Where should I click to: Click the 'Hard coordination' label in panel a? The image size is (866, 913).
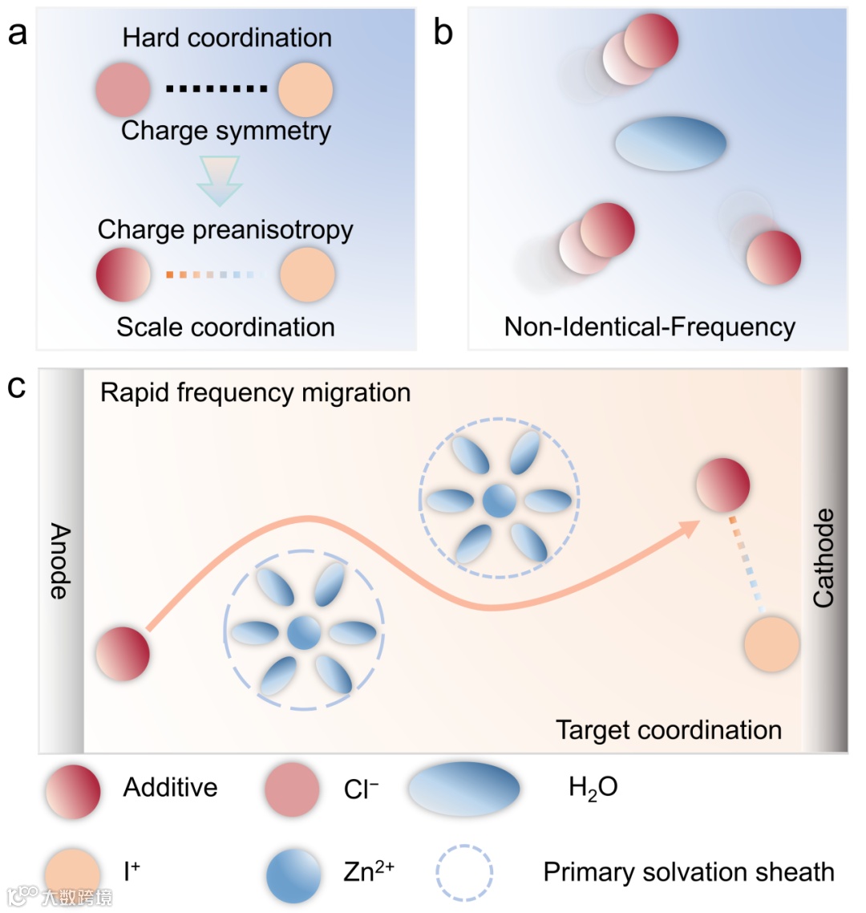click(227, 38)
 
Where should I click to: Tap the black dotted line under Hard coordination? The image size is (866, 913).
click(216, 89)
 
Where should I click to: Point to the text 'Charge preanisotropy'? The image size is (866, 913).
click(225, 229)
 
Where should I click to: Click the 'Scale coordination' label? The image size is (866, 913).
click(225, 327)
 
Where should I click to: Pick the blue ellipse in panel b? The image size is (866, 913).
click(670, 144)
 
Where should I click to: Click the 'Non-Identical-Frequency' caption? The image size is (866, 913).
click(649, 327)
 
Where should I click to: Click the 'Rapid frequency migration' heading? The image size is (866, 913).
click(255, 392)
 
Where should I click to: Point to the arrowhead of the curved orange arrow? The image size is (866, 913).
click(690, 528)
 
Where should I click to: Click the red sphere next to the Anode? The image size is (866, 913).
click(123, 654)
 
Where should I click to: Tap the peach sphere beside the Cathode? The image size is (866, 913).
click(771, 644)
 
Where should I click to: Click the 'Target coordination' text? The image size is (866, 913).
click(669, 730)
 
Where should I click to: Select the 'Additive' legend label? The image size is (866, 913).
click(170, 787)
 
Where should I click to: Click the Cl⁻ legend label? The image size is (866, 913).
click(361, 789)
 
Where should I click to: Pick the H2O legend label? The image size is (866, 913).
click(593, 788)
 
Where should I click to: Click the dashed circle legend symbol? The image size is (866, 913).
click(464, 873)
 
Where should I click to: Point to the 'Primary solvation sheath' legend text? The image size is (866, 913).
click(688, 872)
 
